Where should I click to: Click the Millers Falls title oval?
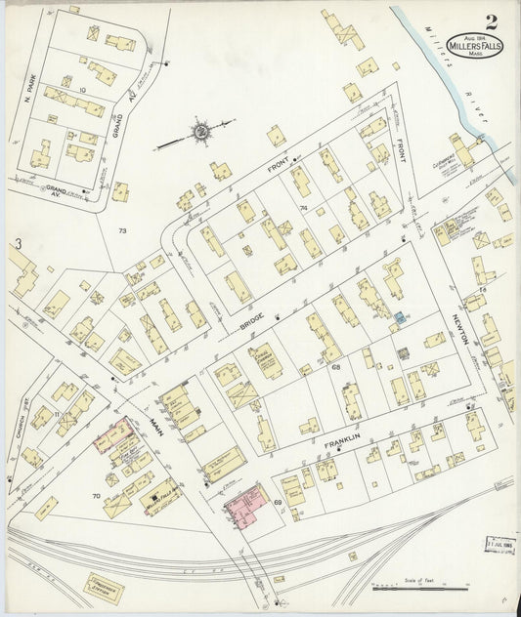[475, 46]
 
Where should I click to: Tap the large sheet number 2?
[489, 21]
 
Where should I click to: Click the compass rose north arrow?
[200, 131]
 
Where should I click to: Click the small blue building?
[400, 319]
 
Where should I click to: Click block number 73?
[122, 230]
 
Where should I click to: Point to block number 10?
[83, 90]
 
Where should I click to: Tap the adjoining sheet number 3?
[17, 242]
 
